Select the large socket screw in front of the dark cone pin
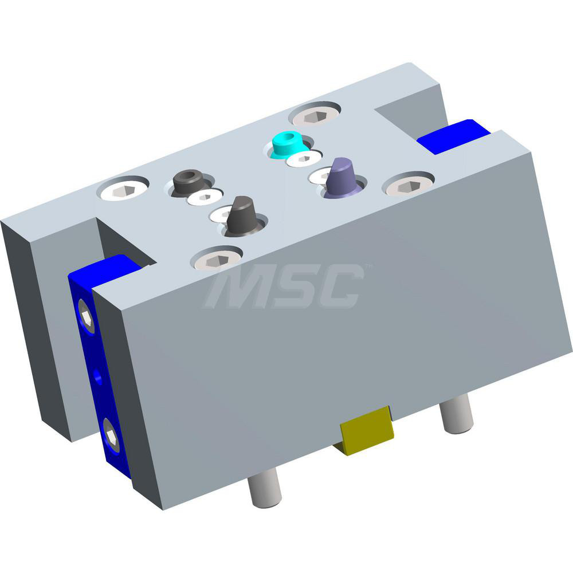pyautogui.click(x=216, y=260)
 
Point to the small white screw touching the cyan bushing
pyautogui.click(x=304, y=159)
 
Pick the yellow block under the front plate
pyautogui.click(x=366, y=431)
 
